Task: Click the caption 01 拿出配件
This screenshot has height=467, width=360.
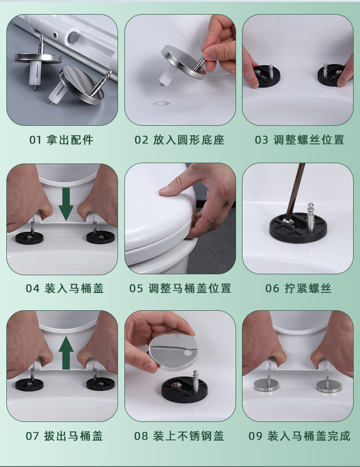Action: (x=61, y=140)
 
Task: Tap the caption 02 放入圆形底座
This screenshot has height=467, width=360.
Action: (x=179, y=140)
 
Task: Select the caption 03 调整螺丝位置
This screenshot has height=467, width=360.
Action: (x=299, y=140)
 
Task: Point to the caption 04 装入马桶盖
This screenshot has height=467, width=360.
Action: (x=65, y=288)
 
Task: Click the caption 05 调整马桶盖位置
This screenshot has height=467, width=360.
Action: (x=180, y=288)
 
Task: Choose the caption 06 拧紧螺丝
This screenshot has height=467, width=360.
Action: (x=298, y=288)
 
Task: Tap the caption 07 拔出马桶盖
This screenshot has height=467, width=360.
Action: (x=64, y=436)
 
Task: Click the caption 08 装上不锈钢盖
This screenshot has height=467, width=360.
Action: (x=179, y=436)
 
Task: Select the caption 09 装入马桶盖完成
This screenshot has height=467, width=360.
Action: (x=299, y=436)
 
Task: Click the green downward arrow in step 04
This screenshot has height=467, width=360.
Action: (x=66, y=204)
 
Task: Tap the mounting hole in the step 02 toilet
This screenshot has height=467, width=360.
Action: (x=161, y=103)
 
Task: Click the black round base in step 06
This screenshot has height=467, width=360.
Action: (x=298, y=228)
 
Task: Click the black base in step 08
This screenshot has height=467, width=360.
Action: (x=185, y=389)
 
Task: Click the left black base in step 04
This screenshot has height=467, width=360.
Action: (x=29, y=238)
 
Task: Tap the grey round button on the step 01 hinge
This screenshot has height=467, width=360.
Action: (x=72, y=36)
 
